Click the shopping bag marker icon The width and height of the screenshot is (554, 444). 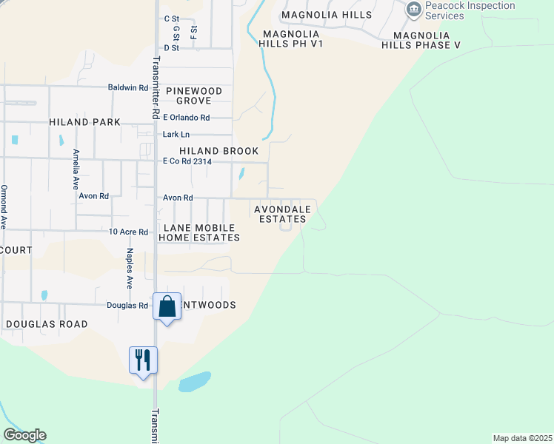(167, 306)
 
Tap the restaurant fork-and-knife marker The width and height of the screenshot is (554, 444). (143, 360)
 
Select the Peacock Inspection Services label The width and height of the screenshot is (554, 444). (481, 10)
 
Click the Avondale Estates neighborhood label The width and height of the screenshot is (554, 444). (281, 214)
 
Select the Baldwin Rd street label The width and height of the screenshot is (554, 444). (127, 87)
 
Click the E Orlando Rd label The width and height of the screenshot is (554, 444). (187, 118)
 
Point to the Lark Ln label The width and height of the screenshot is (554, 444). (176, 135)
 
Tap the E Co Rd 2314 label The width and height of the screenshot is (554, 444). (187, 161)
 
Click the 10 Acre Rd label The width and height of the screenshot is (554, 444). (128, 232)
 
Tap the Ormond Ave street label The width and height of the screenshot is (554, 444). (4, 206)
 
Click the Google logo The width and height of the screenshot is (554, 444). (24, 435)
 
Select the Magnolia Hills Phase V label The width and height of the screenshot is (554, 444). (431, 40)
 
